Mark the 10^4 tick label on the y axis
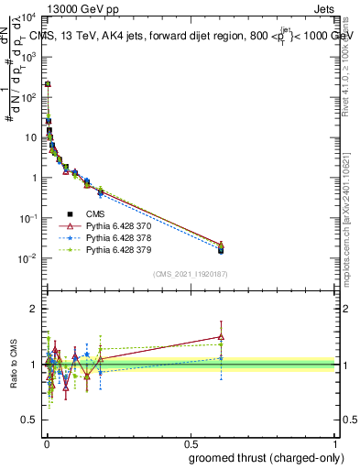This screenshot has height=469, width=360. pyautogui.click(x=27, y=16)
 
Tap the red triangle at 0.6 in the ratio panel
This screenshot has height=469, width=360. pyautogui.click(x=221, y=336)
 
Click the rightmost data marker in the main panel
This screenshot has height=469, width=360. pyautogui.click(x=221, y=249)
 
